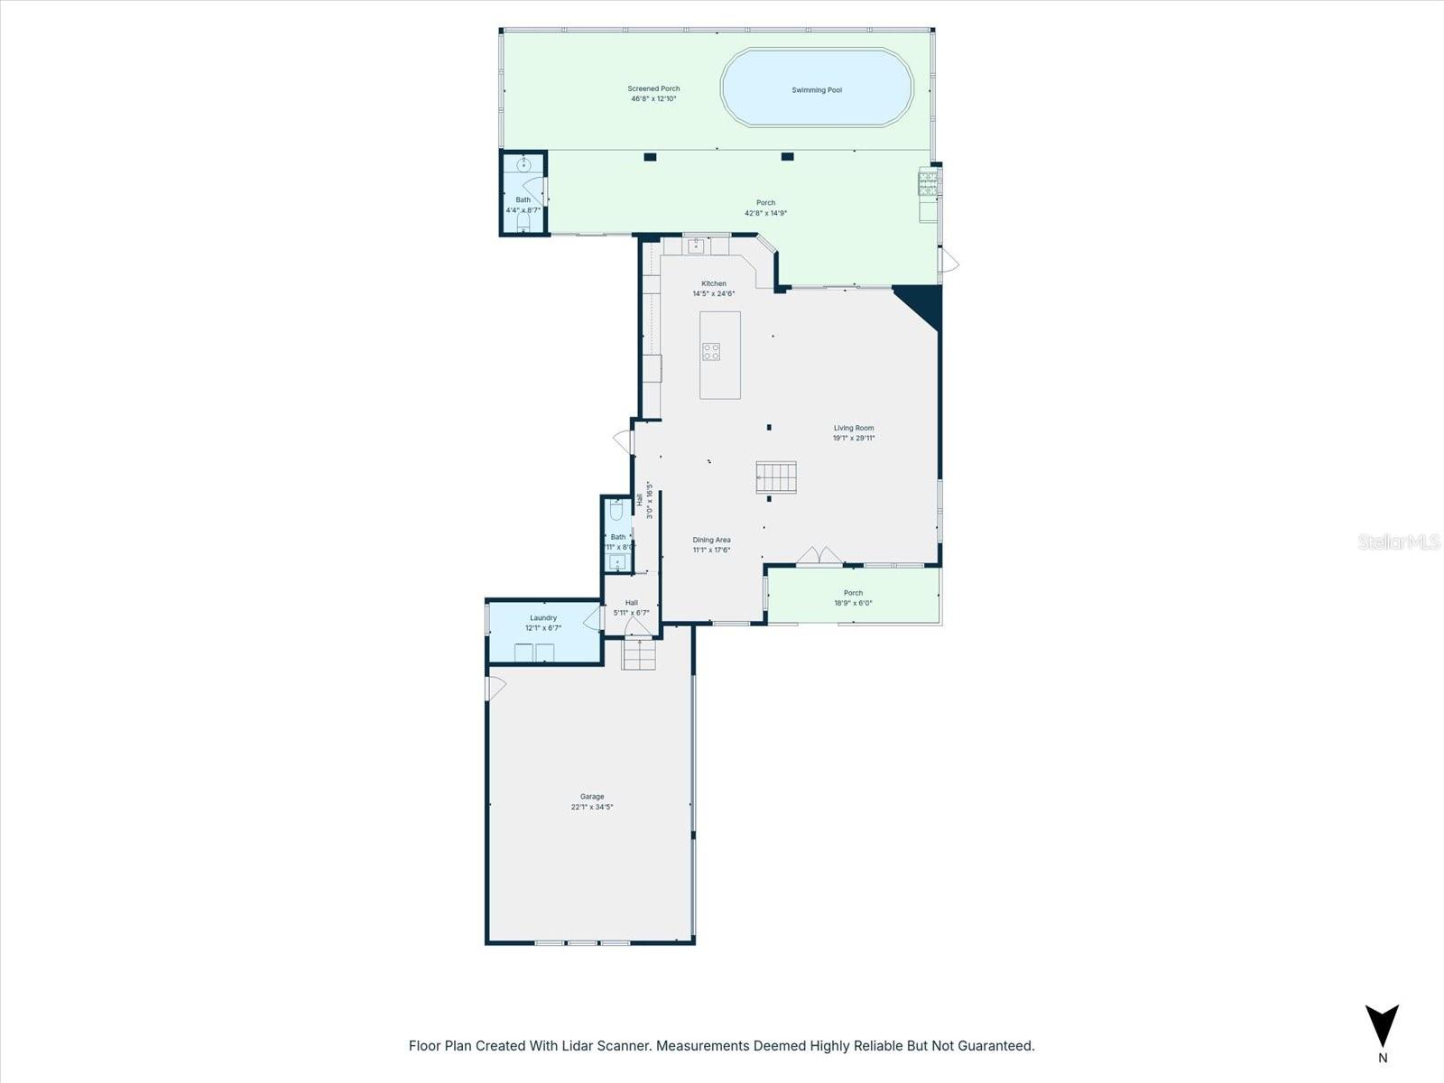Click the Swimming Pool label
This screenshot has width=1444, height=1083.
[x=817, y=90]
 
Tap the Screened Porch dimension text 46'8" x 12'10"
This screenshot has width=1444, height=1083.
[x=654, y=99]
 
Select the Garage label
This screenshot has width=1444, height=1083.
[x=592, y=797]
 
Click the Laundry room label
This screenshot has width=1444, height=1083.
[x=543, y=618]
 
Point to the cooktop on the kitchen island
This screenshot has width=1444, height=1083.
[x=711, y=352]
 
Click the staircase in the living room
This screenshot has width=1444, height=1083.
[x=776, y=477]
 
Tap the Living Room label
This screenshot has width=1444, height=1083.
[x=854, y=429]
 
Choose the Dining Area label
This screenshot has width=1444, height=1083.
[x=711, y=540]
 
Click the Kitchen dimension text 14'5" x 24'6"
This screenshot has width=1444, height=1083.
[x=714, y=293]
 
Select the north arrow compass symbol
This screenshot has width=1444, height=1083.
[x=1382, y=1027]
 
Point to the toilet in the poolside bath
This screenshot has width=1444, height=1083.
[x=523, y=220]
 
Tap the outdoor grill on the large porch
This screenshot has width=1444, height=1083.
[x=928, y=183]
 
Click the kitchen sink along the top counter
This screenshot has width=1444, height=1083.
[x=696, y=245]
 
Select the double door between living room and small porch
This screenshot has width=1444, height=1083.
[x=819, y=556]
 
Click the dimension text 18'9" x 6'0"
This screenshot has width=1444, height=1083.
[x=853, y=604]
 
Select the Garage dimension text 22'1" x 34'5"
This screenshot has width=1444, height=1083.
[x=592, y=807]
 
